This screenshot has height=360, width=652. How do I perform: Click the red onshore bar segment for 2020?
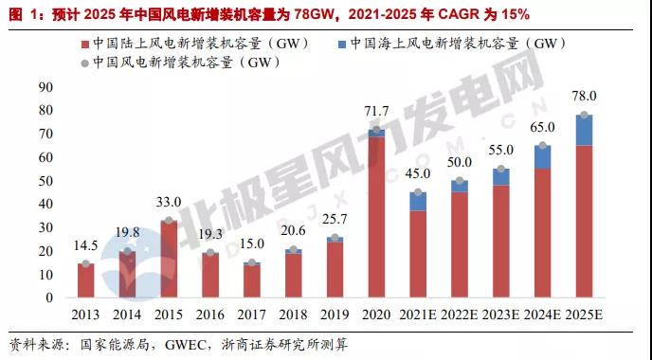376,217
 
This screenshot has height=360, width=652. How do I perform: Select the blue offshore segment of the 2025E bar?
584,130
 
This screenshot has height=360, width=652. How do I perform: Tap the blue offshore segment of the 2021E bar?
418,202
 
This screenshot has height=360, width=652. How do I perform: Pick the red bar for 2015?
169,259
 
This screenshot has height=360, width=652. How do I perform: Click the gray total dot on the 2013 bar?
85,263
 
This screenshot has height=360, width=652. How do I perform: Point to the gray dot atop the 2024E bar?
543,146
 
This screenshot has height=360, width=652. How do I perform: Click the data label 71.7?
376,112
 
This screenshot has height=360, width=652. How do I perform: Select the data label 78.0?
584,96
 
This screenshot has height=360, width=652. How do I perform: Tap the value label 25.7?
335,219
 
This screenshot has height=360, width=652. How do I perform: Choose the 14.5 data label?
85,245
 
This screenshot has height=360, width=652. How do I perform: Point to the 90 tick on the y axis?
45,87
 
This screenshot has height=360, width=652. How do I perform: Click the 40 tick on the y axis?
45,204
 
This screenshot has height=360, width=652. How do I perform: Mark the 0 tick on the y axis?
49,297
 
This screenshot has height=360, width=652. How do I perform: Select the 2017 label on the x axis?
251,315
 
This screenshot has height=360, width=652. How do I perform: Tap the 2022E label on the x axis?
460,315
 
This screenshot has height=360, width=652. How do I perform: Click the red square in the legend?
85,45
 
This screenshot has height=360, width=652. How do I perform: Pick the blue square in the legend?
342,45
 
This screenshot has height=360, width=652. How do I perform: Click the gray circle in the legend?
85,63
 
